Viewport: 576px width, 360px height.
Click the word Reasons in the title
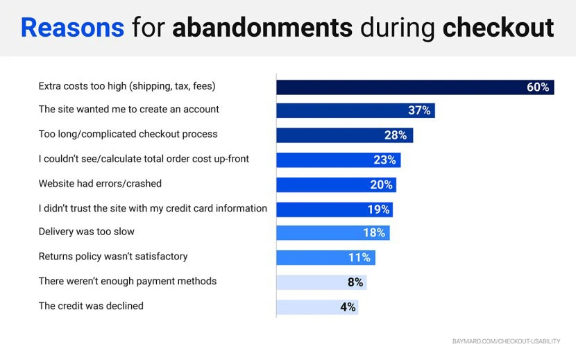coord(72,28)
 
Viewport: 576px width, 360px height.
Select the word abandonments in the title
coord(262,28)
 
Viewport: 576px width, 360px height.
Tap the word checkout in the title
coord(498,28)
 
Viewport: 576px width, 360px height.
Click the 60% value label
coord(537,87)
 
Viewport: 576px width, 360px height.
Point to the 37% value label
coord(418,111)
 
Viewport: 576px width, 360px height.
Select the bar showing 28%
coord(344,135)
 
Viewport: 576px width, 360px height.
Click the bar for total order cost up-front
coord(338,160)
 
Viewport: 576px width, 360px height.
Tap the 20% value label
coord(380,185)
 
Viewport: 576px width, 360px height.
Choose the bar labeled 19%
coord(334,209)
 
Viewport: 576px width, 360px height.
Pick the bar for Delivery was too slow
coord(332,233)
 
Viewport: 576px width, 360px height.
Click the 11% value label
coord(359,258)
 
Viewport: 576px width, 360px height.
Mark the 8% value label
coord(355,282)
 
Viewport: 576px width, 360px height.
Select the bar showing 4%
coord(317,307)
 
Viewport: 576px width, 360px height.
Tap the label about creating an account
coord(128,110)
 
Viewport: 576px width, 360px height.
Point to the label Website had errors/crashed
coord(100,184)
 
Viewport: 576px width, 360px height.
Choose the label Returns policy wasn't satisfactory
coord(113,257)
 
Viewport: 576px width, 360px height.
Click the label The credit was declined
coord(91,306)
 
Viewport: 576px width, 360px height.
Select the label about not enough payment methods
coord(128,281)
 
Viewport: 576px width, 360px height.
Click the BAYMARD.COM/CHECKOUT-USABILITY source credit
coord(506,341)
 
